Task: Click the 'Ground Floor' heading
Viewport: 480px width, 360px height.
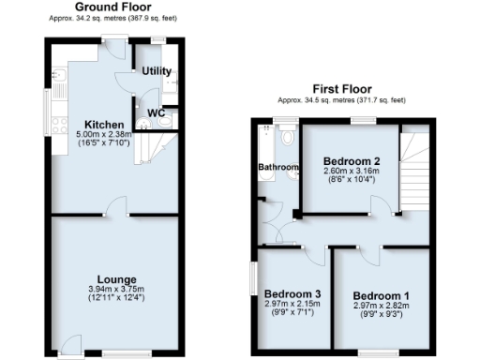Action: click(x=112, y=7)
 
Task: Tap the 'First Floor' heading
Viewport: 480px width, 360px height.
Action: click(x=342, y=90)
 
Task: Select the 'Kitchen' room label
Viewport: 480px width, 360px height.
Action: click(x=100, y=125)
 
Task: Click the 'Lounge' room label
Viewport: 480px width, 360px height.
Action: click(x=112, y=278)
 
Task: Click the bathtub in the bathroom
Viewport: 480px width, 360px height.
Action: click(x=264, y=148)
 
